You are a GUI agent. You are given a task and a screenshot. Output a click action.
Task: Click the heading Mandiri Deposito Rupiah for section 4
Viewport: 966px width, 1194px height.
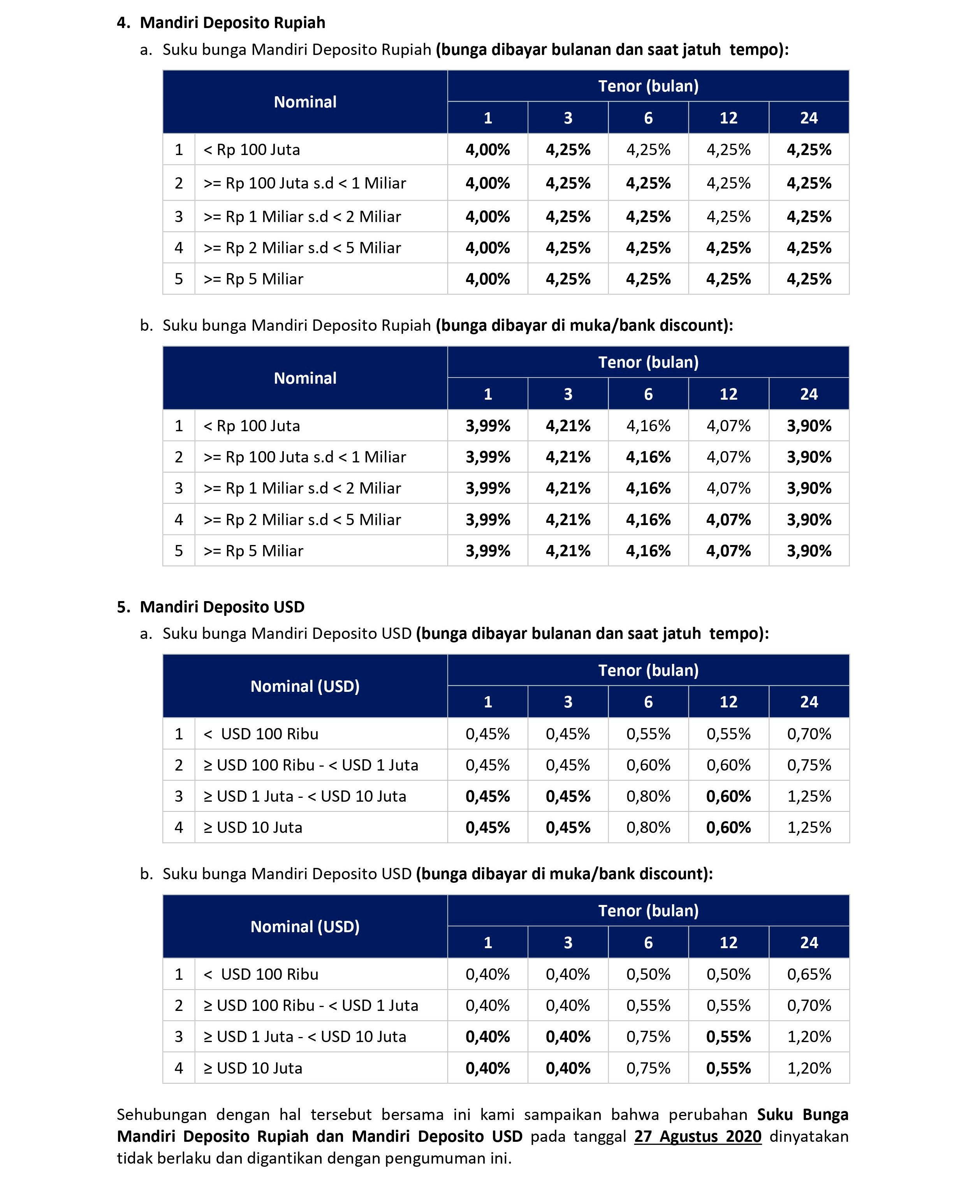point(232,23)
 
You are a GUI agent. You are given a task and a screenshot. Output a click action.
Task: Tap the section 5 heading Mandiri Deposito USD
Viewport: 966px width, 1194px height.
point(222,607)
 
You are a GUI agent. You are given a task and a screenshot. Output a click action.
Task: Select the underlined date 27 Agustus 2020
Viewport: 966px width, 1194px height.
point(697,1136)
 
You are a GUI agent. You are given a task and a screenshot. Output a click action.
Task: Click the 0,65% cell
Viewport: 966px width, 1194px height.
point(809,974)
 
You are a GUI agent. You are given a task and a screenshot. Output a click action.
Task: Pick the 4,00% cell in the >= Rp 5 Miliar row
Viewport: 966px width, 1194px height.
point(487,279)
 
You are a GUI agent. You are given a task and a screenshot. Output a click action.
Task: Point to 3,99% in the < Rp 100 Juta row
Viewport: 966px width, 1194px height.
point(487,426)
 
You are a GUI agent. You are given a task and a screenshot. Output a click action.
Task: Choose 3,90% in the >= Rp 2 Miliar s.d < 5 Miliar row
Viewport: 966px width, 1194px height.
point(809,519)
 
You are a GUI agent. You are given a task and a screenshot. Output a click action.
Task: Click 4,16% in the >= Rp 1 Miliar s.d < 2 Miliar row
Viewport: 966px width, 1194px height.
point(648,488)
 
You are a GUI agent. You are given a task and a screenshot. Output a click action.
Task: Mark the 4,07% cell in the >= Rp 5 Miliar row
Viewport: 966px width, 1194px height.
point(728,550)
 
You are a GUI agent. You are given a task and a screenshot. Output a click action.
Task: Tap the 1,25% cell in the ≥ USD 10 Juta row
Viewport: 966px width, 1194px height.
point(809,827)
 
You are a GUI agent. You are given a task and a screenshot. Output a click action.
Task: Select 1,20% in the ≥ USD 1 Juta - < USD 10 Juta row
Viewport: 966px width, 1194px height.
point(809,1037)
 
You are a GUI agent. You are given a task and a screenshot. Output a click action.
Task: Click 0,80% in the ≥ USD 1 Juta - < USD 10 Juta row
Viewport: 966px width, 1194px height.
point(648,796)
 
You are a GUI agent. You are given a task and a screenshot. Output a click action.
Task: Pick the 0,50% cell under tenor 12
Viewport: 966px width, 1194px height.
point(728,974)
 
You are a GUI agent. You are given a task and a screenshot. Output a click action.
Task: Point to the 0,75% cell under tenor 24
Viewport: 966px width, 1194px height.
point(809,765)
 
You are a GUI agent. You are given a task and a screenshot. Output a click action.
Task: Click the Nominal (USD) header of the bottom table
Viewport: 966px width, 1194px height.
point(305,927)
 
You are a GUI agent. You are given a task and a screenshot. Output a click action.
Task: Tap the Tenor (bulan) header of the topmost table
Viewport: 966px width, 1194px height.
point(648,86)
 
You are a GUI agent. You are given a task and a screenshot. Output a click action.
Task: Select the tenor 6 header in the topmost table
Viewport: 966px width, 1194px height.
point(648,118)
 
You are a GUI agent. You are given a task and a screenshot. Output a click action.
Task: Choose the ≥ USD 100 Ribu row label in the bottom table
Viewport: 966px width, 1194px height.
point(310,1005)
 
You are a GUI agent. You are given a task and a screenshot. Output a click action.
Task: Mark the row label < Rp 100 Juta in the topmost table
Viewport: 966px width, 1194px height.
point(252,150)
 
